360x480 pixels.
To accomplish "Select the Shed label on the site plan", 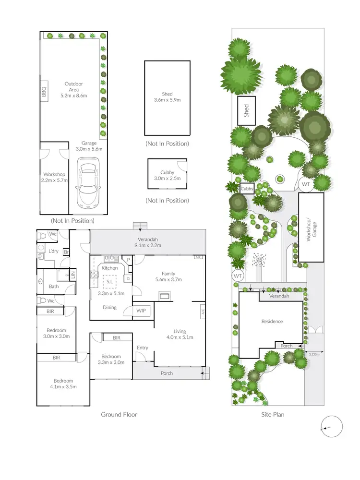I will click(x=246, y=111).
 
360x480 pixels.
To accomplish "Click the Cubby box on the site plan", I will click(x=247, y=189).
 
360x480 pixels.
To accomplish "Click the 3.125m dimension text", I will click(x=314, y=354).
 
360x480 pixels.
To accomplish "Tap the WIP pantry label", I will click(x=141, y=311).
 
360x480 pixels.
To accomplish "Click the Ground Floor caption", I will click(x=119, y=414).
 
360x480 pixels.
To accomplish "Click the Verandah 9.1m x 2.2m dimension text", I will click(x=147, y=245).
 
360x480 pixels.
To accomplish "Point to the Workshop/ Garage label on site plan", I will click(x=310, y=227).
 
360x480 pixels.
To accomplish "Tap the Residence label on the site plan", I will click(x=272, y=322).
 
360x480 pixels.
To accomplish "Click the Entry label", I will click(x=143, y=348).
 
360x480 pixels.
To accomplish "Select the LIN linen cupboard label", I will click(x=73, y=275).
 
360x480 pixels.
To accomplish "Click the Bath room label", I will click(x=54, y=287).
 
